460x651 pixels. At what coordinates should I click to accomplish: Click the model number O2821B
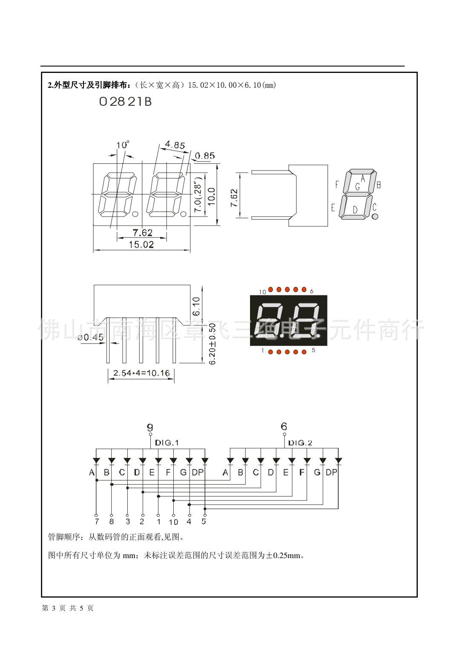click(125, 103)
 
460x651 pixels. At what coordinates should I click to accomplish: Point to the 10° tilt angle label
click(123, 145)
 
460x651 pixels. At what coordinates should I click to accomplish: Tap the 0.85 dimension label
click(206, 156)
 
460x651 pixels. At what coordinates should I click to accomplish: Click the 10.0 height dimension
click(211, 197)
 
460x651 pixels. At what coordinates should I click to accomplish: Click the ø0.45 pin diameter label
click(91, 338)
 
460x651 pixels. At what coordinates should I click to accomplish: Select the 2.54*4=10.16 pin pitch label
click(141, 373)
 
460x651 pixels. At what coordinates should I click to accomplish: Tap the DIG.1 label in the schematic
click(167, 443)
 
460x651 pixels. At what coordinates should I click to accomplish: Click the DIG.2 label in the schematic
click(300, 443)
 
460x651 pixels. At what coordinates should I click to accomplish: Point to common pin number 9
click(149, 427)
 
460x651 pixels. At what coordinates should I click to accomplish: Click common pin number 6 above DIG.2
click(284, 426)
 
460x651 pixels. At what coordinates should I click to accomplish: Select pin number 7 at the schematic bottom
click(97, 521)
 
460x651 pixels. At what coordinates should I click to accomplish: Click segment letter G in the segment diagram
click(358, 186)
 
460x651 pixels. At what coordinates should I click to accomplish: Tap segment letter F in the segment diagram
click(337, 185)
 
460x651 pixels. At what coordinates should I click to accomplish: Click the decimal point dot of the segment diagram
click(375, 217)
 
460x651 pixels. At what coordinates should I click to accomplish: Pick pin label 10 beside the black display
click(262, 292)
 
